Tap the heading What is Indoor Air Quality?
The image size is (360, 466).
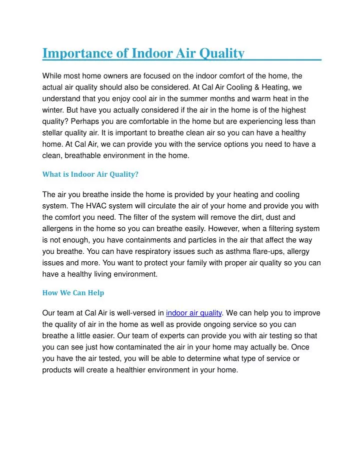click(90, 175)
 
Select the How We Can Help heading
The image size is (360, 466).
click(73, 293)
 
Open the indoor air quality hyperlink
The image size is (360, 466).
click(193, 313)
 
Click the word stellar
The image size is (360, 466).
click(53, 133)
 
